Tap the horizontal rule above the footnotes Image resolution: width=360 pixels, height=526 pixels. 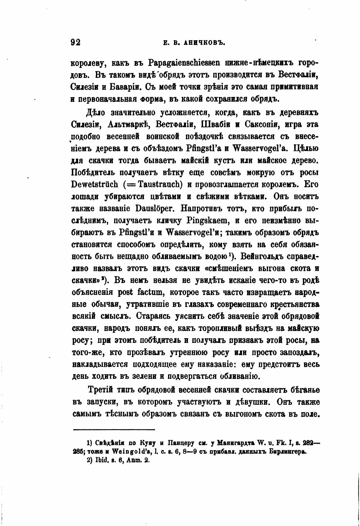(114, 429)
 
